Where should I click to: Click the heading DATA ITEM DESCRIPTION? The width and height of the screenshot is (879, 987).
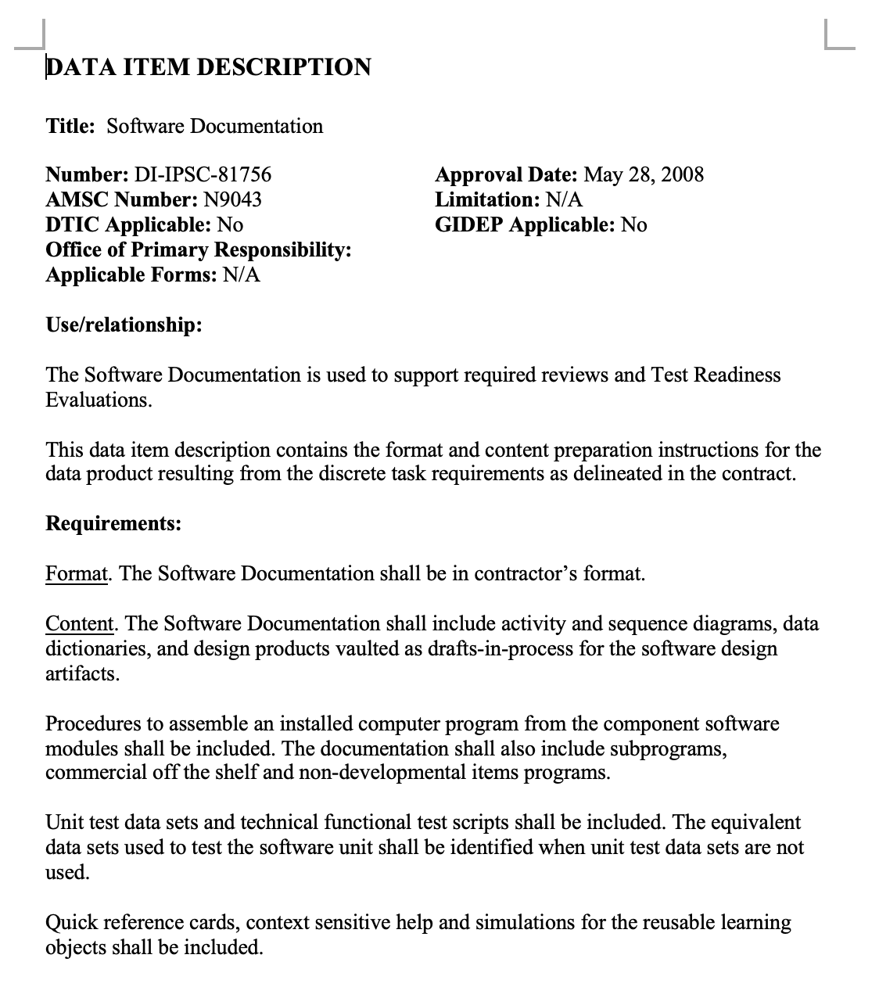[x=208, y=67]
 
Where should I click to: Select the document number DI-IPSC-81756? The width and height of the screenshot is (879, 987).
[x=203, y=174]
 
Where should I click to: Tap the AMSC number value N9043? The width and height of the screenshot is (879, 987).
[x=233, y=199]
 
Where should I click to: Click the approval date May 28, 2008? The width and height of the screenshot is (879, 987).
[x=644, y=174]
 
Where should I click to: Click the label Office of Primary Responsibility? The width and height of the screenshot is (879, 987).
[x=198, y=249]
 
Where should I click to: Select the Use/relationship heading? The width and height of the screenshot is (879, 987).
[x=124, y=325]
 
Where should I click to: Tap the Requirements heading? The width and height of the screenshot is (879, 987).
[x=113, y=522]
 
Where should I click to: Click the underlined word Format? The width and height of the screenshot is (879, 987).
[x=76, y=573]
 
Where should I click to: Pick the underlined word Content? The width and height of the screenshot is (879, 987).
[x=80, y=623]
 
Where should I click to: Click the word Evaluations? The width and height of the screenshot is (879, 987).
[x=98, y=400]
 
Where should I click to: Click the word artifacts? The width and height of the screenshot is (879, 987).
[x=82, y=673]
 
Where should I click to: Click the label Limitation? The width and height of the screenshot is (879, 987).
[x=486, y=199]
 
